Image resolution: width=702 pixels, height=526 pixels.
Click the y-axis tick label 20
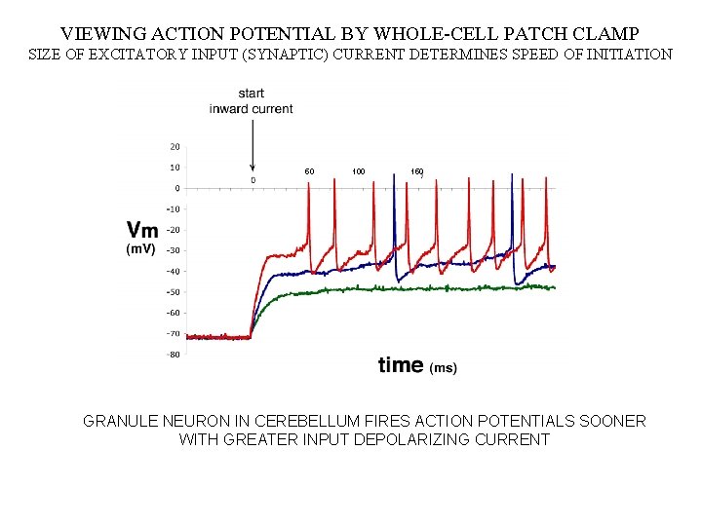pos(174,146)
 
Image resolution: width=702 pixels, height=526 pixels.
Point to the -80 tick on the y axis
pos(173,355)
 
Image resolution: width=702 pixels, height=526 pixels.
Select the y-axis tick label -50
pos(173,292)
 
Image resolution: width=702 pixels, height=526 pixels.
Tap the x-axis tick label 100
pos(359,171)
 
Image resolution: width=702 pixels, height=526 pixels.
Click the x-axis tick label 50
pos(309,171)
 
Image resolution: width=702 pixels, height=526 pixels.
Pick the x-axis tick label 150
pos(416,171)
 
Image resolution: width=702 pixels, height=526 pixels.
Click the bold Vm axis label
pos(142,230)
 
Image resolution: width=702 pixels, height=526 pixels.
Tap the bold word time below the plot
pos(400,365)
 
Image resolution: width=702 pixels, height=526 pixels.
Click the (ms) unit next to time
pos(444,368)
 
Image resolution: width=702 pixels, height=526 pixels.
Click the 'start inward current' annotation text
pos(251,101)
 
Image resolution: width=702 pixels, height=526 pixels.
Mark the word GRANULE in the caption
pos(120,421)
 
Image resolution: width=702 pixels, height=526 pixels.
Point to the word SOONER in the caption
pos(611,421)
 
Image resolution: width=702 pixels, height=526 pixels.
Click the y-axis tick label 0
pos(175,188)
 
